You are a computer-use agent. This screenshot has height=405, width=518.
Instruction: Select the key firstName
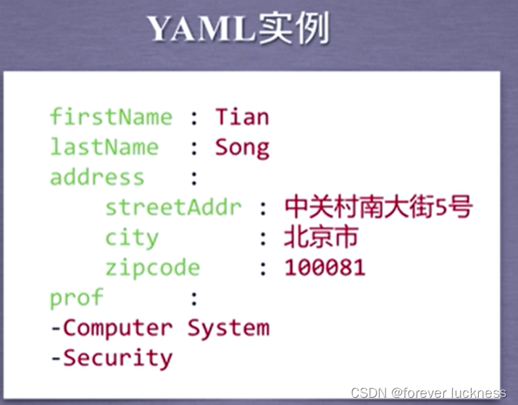(111, 117)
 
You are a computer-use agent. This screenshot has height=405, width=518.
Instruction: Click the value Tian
(242, 117)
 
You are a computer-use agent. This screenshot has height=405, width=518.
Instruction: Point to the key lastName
(104, 147)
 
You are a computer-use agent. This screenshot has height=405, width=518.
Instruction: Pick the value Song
(242, 147)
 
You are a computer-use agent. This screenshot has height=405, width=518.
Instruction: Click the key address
(97, 178)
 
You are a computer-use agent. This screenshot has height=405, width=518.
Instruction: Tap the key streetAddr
(173, 208)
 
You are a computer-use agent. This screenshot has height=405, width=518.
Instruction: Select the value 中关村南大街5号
(378, 208)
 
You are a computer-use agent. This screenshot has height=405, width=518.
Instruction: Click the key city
(131, 238)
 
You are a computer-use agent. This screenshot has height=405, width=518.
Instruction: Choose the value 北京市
(321, 238)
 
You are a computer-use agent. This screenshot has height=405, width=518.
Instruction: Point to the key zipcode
(152, 268)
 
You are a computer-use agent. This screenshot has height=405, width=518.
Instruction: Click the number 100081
(325, 268)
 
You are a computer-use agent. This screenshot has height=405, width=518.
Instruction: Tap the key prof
(76, 298)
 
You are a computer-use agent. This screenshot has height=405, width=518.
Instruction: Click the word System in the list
(228, 327)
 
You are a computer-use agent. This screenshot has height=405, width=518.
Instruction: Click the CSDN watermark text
(427, 393)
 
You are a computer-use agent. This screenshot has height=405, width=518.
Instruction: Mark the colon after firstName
(193, 117)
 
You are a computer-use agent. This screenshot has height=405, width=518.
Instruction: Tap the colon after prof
(193, 298)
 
